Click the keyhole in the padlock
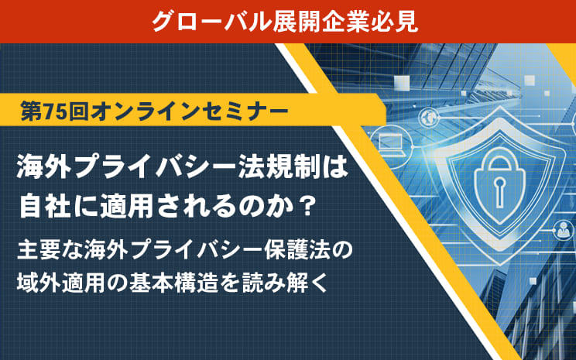(x=499, y=191)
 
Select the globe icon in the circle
(x=429, y=118)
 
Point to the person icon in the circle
(x=563, y=231)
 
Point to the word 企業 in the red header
(x=346, y=22)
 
